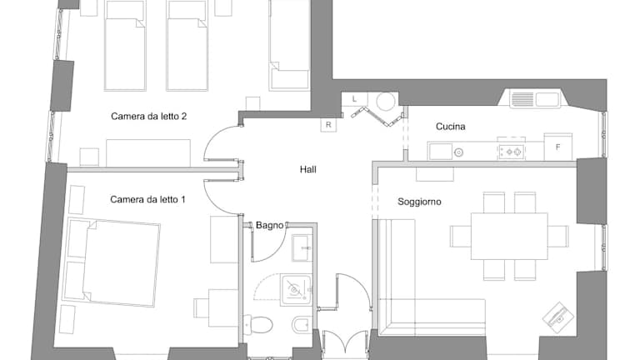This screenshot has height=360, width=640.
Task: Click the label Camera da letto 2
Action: (148, 117)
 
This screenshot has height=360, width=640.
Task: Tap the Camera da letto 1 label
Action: (147, 200)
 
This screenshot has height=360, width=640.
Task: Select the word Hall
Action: (307, 169)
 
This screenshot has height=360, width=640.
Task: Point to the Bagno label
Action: (269, 225)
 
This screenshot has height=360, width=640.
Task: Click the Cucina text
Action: (451, 127)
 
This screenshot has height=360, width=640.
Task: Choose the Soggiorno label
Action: (419, 202)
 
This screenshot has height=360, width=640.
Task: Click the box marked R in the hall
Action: (328, 125)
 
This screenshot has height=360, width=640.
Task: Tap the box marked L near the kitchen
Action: (354, 99)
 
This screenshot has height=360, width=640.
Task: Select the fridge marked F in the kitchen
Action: (558, 147)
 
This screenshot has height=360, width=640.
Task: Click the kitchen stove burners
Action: (512, 152)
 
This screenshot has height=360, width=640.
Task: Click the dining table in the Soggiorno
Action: (509, 237)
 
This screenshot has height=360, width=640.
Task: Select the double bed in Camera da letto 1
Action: (112, 262)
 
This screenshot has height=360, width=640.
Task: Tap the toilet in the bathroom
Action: (258, 324)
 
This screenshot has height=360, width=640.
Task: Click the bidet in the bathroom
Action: (302, 325)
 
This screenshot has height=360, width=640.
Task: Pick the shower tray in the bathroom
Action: (296, 290)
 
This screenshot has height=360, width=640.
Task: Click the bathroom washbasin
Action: (302, 247)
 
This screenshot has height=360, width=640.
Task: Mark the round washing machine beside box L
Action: (386, 101)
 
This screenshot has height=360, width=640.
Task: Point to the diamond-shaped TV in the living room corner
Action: (558, 316)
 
